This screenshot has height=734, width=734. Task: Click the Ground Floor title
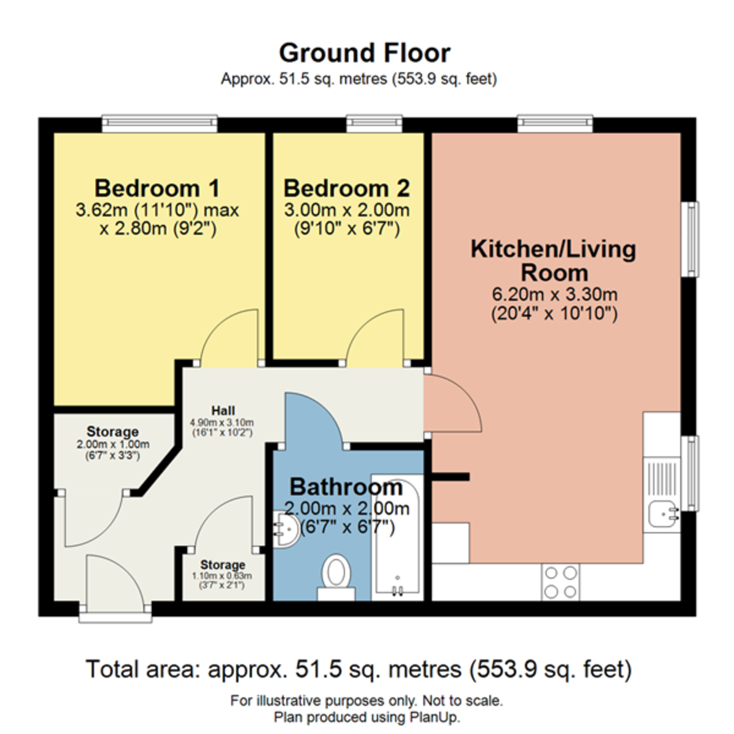(365, 53)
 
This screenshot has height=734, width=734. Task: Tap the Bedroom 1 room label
(157, 188)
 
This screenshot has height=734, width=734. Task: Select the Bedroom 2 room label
(346, 188)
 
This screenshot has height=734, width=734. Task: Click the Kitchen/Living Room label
(554, 261)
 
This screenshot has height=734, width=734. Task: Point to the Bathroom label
(346, 487)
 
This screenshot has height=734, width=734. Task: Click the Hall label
(223, 410)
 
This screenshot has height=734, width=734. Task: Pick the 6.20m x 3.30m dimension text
(555, 294)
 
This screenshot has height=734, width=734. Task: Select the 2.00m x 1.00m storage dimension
(113, 445)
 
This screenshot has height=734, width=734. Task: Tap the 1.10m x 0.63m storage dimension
(222, 576)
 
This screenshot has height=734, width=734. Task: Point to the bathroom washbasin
(286, 530)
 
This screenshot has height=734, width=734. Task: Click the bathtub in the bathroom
(396, 538)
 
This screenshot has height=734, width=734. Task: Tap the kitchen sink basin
(662, 513)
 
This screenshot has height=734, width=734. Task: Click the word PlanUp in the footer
(437, 717)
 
